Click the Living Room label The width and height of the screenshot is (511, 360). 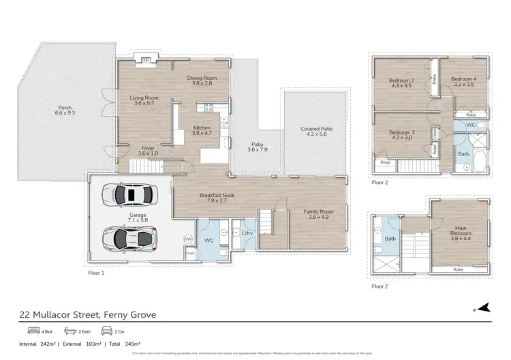[x=144, y=101]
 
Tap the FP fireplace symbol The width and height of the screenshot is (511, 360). [x=146, y=60]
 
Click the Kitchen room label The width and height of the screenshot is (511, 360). [x=201, y=130]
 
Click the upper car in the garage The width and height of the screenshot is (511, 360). [x=129, y=195]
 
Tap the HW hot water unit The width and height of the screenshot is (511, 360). [x=188, y=239]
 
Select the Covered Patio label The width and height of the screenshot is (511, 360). [x=316, y=131]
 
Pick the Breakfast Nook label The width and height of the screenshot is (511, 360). [x=217, y=197]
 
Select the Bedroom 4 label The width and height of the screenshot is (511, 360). [x=463, y=82]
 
